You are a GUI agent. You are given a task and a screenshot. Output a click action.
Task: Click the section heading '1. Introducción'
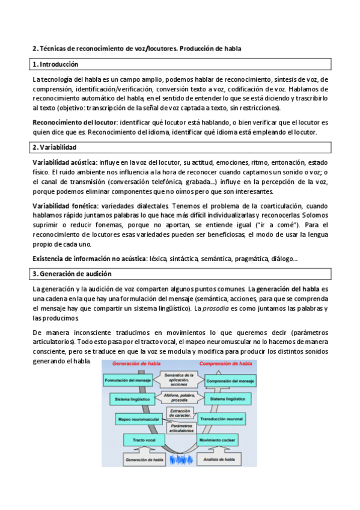pyautogui.click(x=56, y=64)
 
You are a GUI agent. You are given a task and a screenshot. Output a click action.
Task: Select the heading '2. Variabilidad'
pyautogui.click(x=55, y=147)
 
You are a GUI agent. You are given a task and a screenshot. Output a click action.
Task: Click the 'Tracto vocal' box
pyautogui.click(x=144, y=441)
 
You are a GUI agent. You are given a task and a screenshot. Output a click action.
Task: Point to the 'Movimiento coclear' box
pyautogui.click(x=219, y=441)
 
